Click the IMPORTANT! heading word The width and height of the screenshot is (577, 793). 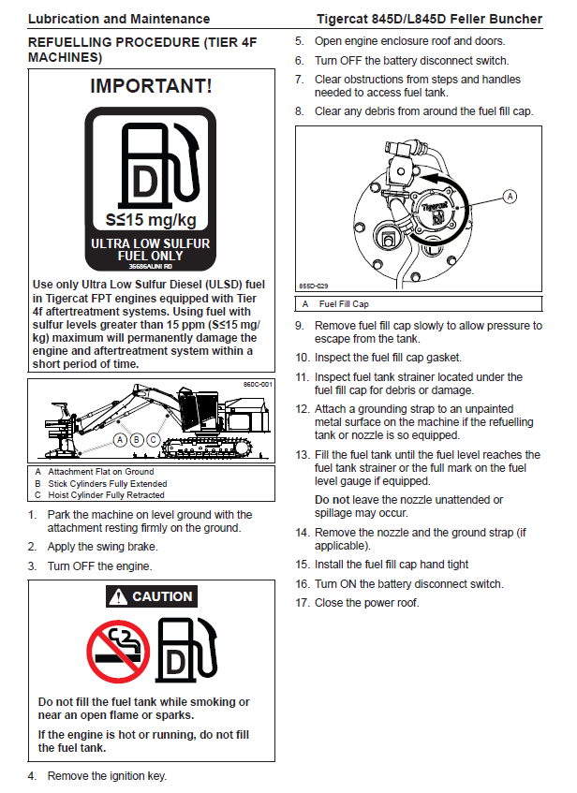(x=151, y=87)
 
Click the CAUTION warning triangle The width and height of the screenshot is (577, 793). (x=117, y=596)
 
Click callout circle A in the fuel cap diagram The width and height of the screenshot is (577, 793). (x=510, y=196)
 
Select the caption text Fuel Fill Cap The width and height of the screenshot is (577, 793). (x=344, y=304)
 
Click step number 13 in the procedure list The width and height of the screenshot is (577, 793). (x=302, y=454)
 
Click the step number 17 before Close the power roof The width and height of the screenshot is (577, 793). (x=302, y=602)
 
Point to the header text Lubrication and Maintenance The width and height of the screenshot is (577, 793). (x=119, y=19)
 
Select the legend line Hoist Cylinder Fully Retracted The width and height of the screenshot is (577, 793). (x=106, y=494)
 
